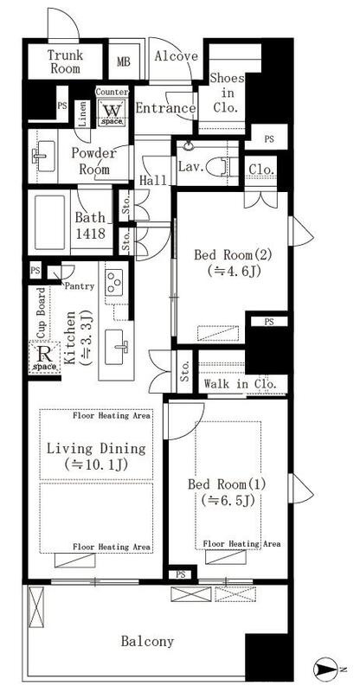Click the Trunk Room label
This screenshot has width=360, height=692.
tap(65, 61)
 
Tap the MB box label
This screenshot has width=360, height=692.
tap(124, 61)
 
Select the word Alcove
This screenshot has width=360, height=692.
tap(176, 56)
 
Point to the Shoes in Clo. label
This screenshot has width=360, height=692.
tap(227, 93)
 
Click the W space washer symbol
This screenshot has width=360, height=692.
tap(112, 112)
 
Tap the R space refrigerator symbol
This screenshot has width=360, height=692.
tap(44, 357)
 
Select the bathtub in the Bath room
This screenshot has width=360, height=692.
tap(50, 223)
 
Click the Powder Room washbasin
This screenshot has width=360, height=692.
tap(43, 156)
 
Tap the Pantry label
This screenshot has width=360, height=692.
tap(80, 286)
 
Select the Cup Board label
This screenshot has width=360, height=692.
tap(41, 313)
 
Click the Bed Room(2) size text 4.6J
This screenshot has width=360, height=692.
tap(234, 270)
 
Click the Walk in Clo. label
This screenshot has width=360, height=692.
tap(241, 383)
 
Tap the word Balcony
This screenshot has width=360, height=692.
tap(147, 641)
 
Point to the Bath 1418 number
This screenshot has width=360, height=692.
tap(90, 234)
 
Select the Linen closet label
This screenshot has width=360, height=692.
tap(82, 114)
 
